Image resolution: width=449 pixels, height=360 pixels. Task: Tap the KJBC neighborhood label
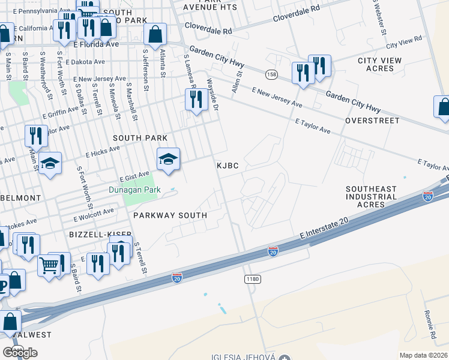(x=228, y=164)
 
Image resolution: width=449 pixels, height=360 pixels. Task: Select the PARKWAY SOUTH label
(x=170, y=215)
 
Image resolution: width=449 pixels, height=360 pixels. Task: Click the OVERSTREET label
(x=372, y=121)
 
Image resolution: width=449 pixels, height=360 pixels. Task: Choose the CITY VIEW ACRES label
(x=384, y=65)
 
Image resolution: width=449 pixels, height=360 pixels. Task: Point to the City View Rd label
(x=404, y=43)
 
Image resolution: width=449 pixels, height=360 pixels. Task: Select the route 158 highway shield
(x=272, y=74)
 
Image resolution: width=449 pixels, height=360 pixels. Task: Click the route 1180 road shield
(x=252, y=280)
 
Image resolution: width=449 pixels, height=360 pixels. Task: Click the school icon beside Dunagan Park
(x=168, y=159)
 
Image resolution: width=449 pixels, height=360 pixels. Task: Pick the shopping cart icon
(x=49, y=265)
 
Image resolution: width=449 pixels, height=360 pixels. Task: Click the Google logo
(x=20, y=352)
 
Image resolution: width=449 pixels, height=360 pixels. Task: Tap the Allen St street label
(x=237, y=82)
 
